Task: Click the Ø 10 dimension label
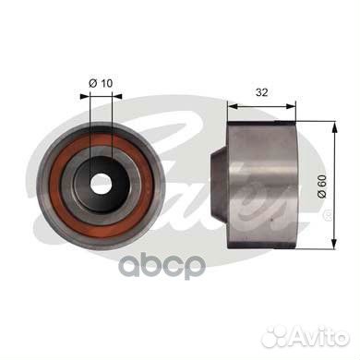pyautogui.click(x=101, y=83)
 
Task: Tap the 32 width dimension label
pyautogui.click(x=262, y=92)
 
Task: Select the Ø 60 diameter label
pyautogui.click(x=321, y=186)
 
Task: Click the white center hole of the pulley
pyautogui.click(x=101, y=185)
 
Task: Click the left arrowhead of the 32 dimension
pyautogui.click(x=233, y=106)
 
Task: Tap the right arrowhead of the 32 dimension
pyautogui.click(x=291, y=106)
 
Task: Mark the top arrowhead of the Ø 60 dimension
pyautogui.click(x=334, y=126)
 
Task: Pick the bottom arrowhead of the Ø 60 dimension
pyautogui.click(x=334, y=243)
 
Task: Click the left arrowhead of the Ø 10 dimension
pyautogui.click(x=85, y=96)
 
